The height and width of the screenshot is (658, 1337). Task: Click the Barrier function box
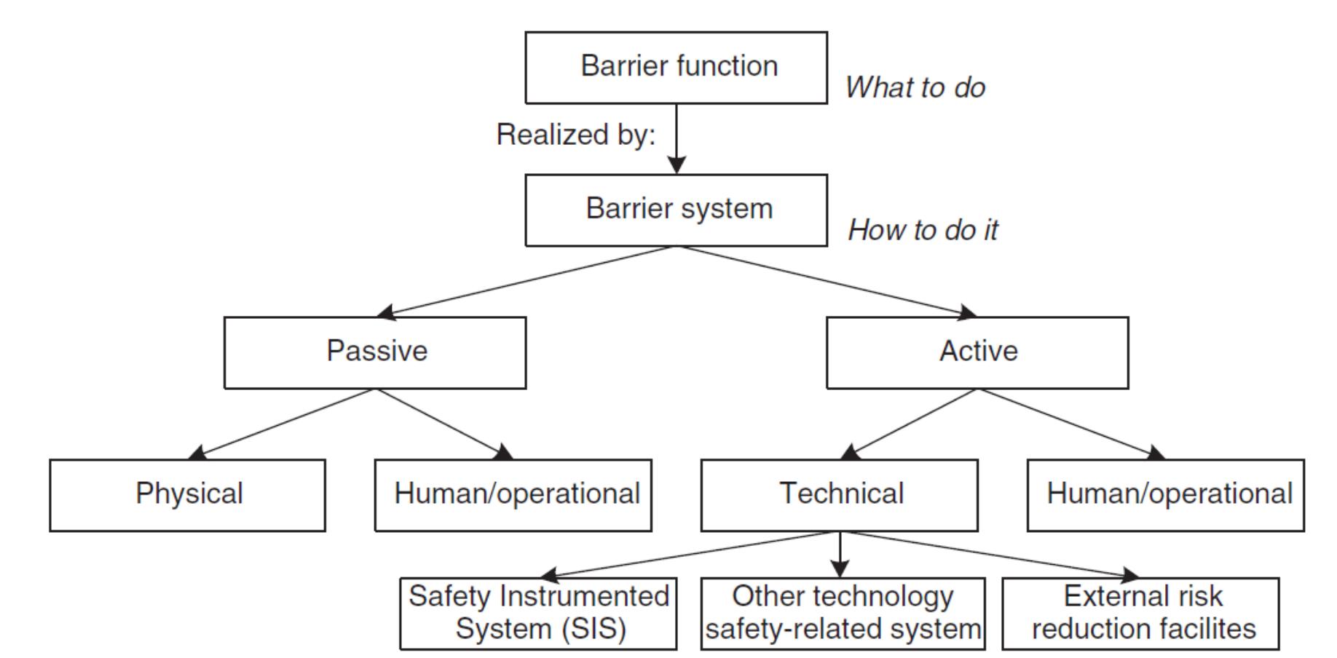click(676, 67)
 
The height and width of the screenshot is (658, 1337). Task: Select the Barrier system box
click(676, 210)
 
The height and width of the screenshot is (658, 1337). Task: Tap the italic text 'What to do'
click(915, 87)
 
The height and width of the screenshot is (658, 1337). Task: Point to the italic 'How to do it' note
click(923, 230)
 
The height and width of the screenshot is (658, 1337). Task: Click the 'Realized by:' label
click(575, 135)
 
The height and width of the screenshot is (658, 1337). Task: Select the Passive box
click(375, 352)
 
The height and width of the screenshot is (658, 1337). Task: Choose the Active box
click(977, 352)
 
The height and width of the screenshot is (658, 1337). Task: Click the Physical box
click(187, 495)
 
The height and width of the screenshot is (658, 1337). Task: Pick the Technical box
click(839, 495)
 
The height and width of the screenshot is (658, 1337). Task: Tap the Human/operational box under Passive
click(513, 495)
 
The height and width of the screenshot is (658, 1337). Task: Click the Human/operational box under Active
click(1165, 495)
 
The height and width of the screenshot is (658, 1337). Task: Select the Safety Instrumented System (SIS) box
click(538, 614)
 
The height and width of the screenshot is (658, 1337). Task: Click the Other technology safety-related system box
click(843, 614)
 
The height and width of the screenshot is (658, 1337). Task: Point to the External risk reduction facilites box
click(1140, 614)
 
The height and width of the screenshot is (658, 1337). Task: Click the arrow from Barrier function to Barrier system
click(677, 138)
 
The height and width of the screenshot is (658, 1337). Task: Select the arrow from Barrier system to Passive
click(528, 281)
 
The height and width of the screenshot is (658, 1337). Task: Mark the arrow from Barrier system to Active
click(827, 281)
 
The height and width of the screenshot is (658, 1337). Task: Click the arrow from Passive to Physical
click(284, 423)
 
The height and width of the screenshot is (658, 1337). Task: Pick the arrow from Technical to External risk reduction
click(990, 555)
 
